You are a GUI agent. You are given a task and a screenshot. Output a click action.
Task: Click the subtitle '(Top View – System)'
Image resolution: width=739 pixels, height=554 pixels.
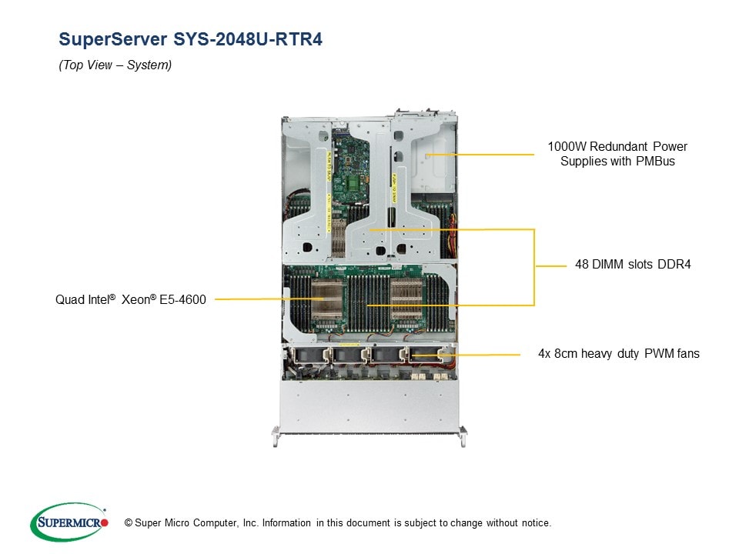pos(115,65)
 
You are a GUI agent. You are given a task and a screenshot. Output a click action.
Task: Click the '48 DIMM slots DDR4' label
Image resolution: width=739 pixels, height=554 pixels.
pos(633,265)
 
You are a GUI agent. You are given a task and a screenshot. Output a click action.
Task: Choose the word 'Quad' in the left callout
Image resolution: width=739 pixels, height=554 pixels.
pos(69,299)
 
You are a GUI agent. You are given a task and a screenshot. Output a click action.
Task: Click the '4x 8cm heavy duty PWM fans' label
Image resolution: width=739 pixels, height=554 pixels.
pos(618,354)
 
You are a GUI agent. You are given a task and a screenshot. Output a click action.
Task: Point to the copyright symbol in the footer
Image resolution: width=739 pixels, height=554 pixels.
pos(118,523)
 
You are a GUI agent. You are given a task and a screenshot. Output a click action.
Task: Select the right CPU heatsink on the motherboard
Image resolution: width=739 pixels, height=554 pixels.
pos(406,296)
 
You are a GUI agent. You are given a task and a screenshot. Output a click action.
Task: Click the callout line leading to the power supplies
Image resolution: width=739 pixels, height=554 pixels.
pos(485,154)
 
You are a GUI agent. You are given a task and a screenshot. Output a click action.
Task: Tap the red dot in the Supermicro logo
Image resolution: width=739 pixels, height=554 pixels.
pos(105,523)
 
